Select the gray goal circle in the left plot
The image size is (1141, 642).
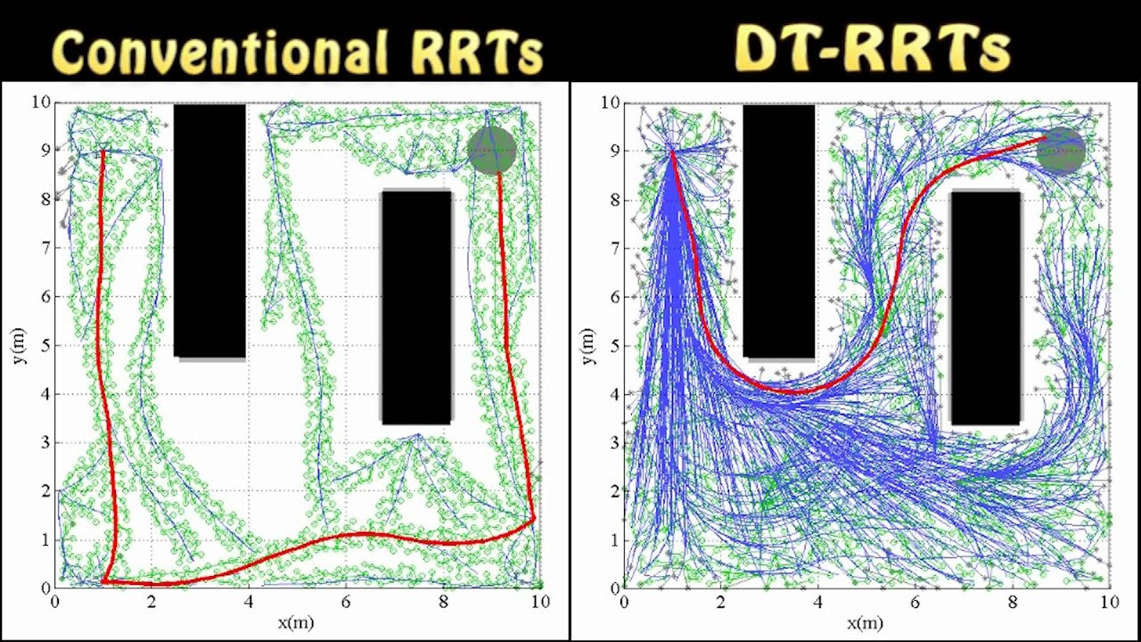click(492, 150)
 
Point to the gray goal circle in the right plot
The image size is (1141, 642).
click(1061, 150)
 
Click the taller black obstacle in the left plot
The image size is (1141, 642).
click(209, 230)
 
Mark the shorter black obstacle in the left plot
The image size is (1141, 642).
click(416, 307)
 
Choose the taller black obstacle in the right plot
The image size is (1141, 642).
click(778, 230)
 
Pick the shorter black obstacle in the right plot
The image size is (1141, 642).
click(985, 307)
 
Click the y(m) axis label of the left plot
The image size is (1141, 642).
click(21, 345)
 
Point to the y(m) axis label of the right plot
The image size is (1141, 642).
click(589, 345)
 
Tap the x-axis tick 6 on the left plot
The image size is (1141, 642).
click(346, 603)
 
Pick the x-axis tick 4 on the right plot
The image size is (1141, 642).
click(817, 603)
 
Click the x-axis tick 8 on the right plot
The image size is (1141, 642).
click(1012, 603)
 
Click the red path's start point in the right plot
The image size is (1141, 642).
click(672, 152)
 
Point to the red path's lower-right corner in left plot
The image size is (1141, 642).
click(533, 518)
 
